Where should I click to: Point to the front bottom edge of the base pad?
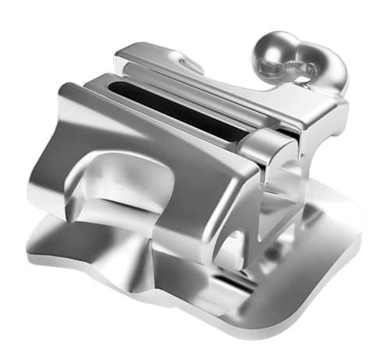[195, 312]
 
